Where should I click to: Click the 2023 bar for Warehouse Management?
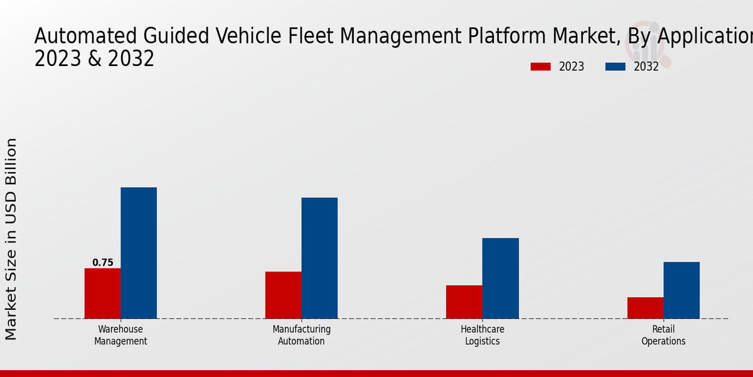102,293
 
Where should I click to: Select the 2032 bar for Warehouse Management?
139,253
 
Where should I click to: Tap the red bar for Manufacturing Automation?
283,295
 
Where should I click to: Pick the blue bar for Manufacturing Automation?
319,258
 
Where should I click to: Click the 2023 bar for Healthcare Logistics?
464,302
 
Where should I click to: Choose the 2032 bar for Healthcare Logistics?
501,278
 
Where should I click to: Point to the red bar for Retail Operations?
645,308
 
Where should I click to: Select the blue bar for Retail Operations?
681,290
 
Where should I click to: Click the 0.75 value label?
103,263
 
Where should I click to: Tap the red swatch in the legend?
540,67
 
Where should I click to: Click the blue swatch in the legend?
616,67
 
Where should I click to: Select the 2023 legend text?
571,67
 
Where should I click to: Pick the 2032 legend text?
646,67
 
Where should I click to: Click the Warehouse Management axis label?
120,335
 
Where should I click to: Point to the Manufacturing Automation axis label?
301,335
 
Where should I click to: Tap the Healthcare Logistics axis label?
483,335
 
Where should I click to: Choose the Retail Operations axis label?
663,335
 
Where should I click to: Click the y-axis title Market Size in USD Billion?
11,239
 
